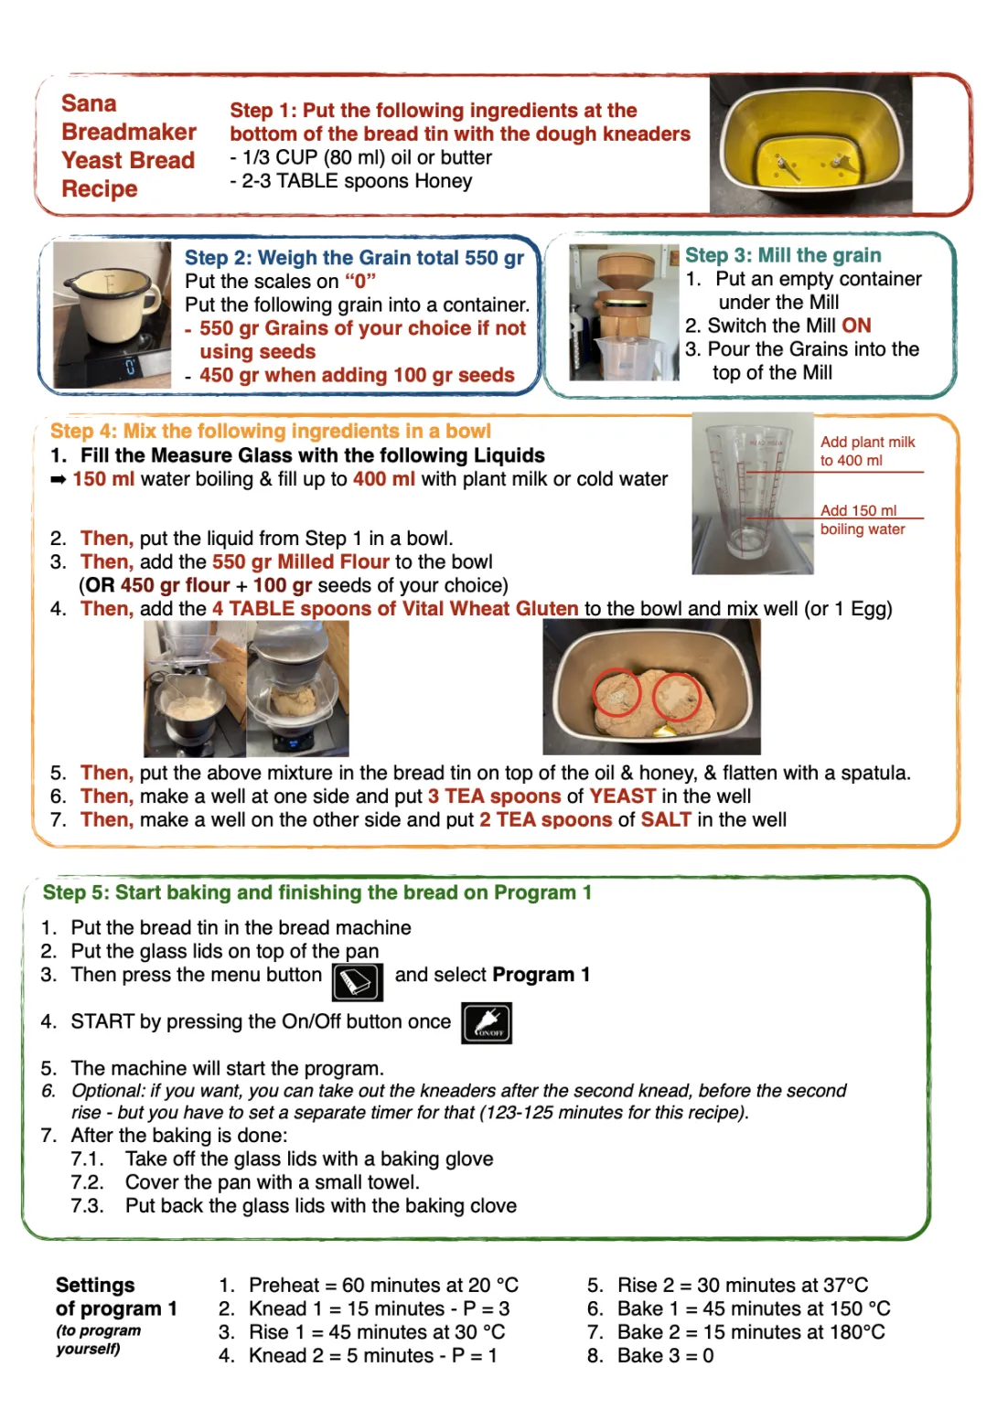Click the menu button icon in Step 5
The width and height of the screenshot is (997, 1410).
click(357, 983)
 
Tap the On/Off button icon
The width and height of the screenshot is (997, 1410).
click(487, 1023)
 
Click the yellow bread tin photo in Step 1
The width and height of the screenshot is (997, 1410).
click(810, 145)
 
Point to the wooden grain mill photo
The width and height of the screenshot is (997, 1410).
click(624, 312)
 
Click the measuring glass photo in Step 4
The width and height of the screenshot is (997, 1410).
click(752, 494)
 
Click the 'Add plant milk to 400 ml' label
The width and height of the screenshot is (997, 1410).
click(866, 451)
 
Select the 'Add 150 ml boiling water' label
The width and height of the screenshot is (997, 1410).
click(862, 519)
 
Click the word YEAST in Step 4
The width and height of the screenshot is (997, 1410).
click(622, 796)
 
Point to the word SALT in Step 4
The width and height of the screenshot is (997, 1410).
click(666, 820)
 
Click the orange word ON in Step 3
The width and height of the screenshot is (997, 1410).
click(856, 326)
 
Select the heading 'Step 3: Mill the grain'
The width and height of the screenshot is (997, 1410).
click(783, 255)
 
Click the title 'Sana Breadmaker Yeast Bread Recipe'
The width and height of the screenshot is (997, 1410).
click(128, 146)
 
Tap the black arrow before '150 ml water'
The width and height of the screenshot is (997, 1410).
click(59, 479)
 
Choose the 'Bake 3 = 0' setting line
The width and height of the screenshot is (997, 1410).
click(664, 1355)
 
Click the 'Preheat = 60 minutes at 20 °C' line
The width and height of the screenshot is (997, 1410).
click(382, 1285)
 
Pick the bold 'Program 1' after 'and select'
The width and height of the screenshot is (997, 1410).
click(541, 975)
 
